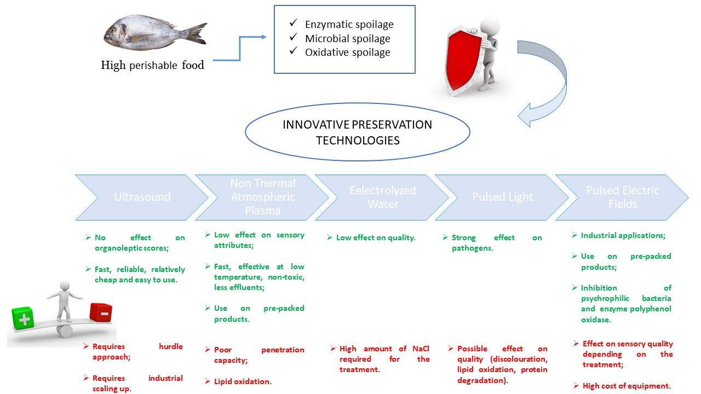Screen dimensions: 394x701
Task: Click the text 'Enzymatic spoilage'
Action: [349, 24]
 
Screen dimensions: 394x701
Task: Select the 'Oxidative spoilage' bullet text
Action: [347, 53]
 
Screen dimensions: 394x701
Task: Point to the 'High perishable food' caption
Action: [152, 66]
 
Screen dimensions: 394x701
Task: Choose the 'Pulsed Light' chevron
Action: [502, 197]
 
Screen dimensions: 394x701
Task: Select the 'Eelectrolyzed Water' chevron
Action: [382, 197]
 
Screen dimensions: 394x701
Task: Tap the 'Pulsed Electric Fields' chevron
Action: [622, 197]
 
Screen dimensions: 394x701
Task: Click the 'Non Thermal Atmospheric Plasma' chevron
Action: [262, 197]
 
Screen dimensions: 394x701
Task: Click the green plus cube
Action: [23, 318]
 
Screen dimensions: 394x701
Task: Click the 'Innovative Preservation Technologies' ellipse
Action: [357, 132]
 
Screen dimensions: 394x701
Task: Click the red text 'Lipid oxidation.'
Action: [243, 381]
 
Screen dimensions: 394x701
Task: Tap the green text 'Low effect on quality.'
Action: [376, 237]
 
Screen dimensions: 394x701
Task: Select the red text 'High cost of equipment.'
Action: [627, 386]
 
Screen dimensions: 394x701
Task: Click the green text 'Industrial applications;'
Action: [623, 235]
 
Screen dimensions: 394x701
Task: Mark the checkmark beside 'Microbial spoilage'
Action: [294, 38]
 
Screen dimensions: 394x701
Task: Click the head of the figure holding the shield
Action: [491, 25]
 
